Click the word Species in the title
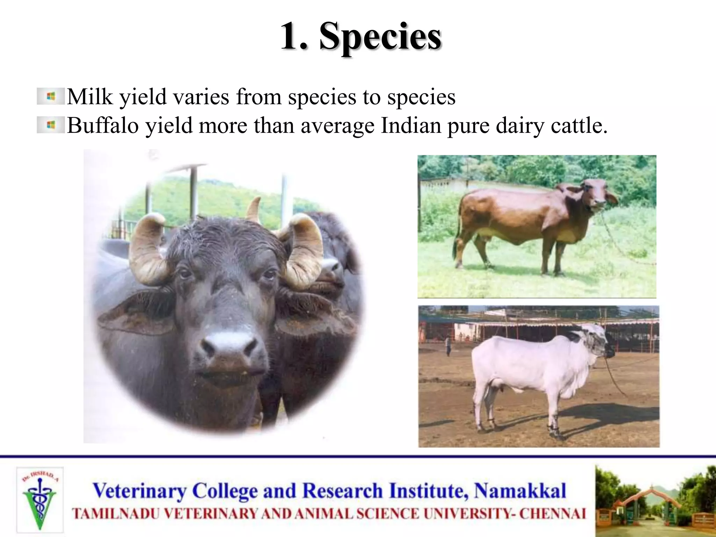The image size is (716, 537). [x=380, y=36]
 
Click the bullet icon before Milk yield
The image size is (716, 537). [x=51, y=96]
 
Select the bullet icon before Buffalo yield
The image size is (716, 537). [x=51, y=125]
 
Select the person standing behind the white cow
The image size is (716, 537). [x=448, y=345]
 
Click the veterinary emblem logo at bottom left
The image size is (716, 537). [x=39, y=500]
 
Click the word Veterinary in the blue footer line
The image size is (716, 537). [x=139, y=491]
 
